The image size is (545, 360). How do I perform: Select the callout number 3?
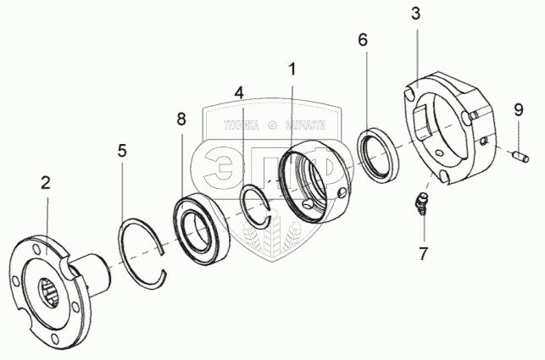415,15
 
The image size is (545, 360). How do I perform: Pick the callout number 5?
122,151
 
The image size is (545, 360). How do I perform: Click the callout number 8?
181,119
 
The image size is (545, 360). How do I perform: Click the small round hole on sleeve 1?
342,194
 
